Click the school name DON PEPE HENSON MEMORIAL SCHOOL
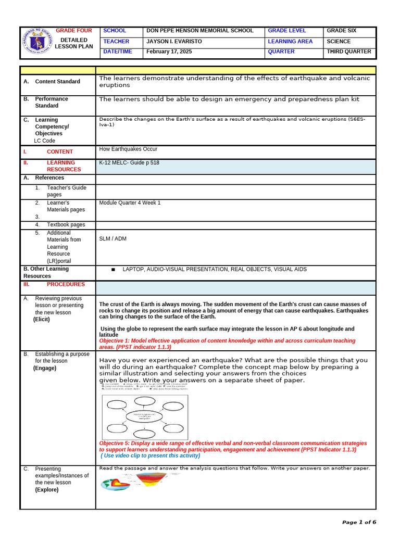[200, 31]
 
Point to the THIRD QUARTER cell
[348, 52]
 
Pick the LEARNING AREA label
[290, 41]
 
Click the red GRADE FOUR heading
[73, 31]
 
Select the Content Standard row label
[57, 81]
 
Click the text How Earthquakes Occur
[128, 149]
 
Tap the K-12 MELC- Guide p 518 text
[129, 163]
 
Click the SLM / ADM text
[113, 239]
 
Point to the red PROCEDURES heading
[66, 284]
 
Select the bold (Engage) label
[44, 367]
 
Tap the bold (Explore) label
[46, 489]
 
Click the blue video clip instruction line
[151, 455]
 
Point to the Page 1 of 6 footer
[359, 522]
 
